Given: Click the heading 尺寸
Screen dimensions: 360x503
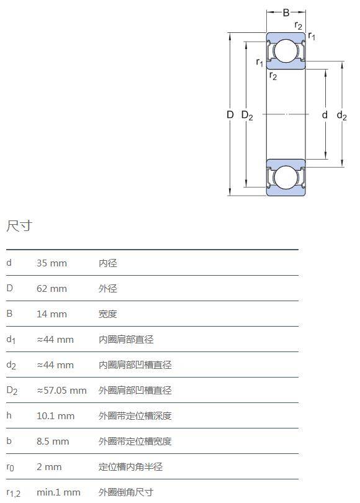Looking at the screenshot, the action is point(19,226).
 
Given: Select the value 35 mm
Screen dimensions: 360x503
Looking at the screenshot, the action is point(52,263).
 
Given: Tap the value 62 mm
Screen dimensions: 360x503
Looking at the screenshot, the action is point(52,288).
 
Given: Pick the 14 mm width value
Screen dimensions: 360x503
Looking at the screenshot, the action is point(52,314).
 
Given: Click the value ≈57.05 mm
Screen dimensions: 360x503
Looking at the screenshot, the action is point(61,391).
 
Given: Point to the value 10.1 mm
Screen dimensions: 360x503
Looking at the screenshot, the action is point(55,416).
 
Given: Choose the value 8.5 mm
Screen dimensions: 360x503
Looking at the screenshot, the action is point(53,442).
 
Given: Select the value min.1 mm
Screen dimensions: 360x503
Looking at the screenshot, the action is point(58,492).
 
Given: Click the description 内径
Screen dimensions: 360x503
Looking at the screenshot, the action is point(108,263).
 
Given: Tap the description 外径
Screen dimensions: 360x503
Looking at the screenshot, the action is point(108,288).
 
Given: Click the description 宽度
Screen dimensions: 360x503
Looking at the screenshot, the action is point(108,314).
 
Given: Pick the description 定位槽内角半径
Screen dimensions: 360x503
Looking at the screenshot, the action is point(130,467).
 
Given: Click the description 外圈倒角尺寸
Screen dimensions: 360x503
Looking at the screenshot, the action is point(126,492).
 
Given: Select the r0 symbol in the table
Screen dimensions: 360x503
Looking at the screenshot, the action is point(11,468).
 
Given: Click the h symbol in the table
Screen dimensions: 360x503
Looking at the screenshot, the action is point(9,415).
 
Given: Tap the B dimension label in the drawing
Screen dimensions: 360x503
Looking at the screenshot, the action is point(286,12).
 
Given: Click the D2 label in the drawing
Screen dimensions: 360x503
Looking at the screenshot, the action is point(247,115).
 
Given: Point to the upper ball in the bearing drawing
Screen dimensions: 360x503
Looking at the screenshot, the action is point(286,51).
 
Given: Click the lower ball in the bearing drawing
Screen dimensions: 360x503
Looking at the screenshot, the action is point(286,178).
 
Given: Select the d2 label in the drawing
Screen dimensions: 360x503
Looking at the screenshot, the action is point(342,115).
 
